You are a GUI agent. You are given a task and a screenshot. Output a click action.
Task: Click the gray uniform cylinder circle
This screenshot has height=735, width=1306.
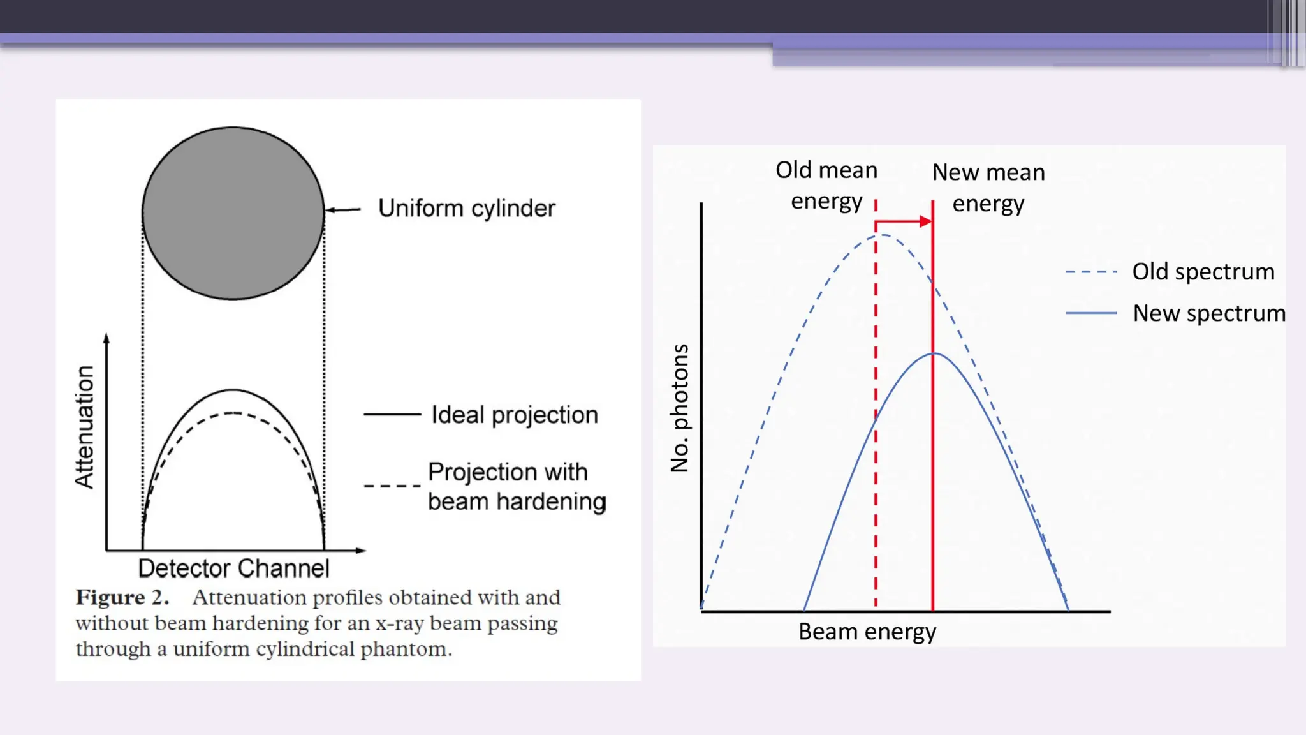(x=233, y=212)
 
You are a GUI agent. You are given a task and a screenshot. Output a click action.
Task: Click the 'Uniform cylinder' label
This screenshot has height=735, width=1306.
(x=467, y=209)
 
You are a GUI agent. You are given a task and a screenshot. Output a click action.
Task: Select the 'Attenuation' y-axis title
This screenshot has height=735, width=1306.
(x=85, y=427)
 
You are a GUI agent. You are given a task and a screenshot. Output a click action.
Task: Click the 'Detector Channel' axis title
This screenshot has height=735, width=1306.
(x=233, y=568)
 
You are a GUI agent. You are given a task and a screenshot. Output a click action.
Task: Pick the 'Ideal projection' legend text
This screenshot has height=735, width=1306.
(x=515, y=415)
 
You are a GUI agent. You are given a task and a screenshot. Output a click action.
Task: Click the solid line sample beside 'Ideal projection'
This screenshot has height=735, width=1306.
(x=392, y=415)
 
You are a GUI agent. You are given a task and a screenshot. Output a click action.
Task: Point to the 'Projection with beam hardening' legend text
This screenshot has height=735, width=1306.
(x=517, y=487)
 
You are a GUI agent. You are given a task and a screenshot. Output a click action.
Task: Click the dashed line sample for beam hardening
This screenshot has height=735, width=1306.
(x=392, y=486)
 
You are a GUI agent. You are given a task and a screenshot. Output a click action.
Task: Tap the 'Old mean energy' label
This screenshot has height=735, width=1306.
(x=826, y=185)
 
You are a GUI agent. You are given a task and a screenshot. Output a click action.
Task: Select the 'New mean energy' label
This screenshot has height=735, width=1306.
(x=988, y=188)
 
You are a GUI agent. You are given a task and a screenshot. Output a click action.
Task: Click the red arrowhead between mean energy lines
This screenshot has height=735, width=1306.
(x=925, y=221)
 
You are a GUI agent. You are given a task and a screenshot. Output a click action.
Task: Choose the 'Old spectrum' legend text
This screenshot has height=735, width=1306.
(x=1203, y=272)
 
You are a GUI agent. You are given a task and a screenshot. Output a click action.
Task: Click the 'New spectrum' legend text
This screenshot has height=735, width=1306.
(x=1208, y=313)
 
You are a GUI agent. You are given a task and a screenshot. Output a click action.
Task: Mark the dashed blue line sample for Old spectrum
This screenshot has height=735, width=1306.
(x=1091, y=272)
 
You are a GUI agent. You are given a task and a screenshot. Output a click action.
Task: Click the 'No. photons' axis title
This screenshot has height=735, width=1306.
(x=680, y=408)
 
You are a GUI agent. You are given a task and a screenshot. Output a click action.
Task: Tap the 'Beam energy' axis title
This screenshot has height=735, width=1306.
(x=867, y=632)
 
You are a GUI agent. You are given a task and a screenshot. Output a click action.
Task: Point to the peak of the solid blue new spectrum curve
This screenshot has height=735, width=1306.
(x=934, y=353)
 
